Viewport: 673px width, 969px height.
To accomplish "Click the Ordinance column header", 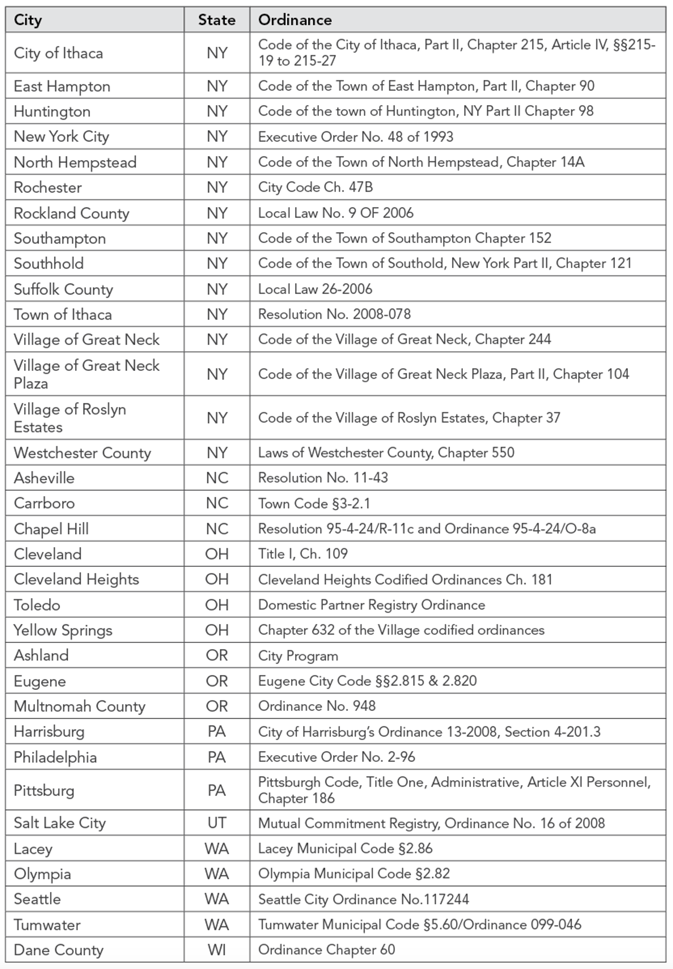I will pyautogui.click(x=295, y=20).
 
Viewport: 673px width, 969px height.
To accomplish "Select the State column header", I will pyautogui.click(x=216, y=20).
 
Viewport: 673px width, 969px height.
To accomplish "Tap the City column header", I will pyautogui.click(x=28, y=20).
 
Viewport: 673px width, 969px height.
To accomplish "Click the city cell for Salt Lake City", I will pyautogui.click(x=60, y=823).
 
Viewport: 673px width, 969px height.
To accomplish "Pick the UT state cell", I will pyautogui.click(x=216, y=823).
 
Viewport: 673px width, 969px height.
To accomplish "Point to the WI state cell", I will pyautogui.click(x=216, y=950).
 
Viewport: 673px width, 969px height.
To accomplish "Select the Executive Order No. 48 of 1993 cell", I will pyautogui.click(x=356, y=137).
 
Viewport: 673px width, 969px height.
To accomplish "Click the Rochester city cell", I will pyautogui.click(x=48, y=188).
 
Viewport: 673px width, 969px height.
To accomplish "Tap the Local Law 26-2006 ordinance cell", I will pyautogui.click(x=315, y=289).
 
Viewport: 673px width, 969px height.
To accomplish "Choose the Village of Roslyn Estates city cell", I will pyautogui.click(x=70, y=418).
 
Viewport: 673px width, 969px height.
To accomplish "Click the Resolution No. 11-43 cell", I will pyautogui.click(x=323, y=478).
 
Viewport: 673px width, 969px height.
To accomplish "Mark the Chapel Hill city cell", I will pyautogui.click(x=51, y=529).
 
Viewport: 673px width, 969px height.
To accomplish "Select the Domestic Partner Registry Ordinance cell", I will pyautogui.click(x=372, y=605).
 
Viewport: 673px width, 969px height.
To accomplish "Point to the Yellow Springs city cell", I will pyautogui.click(x=63, y=630).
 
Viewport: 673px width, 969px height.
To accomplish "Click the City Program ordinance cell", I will pyautogui.click(x=298, y=656).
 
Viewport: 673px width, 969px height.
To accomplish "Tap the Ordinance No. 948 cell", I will pyautogui.click(x=316, y=706).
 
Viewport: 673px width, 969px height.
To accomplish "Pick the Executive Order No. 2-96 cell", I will pyautogui.click(x=336, y=757).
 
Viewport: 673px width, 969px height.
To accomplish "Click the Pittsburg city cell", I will pyautogui.click(x=44, y=790).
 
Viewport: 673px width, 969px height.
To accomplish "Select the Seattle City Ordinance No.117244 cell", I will pyautogui.click(x=363, y=899).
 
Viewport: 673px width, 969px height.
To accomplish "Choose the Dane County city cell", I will pyautogui.click(x=58, y=950).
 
